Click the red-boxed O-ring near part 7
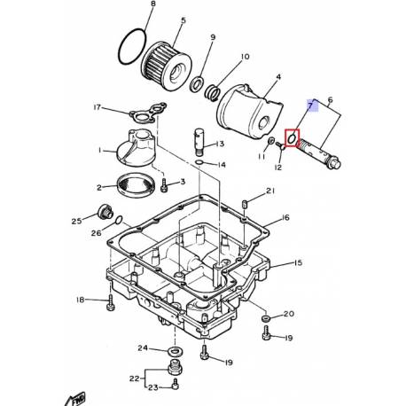291,140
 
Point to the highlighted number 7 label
311,105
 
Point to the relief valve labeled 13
199,143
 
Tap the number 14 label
222,165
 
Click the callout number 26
94,233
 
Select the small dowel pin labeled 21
243,205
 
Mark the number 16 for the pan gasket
285,217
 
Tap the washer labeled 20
266,316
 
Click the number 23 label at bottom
153,388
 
